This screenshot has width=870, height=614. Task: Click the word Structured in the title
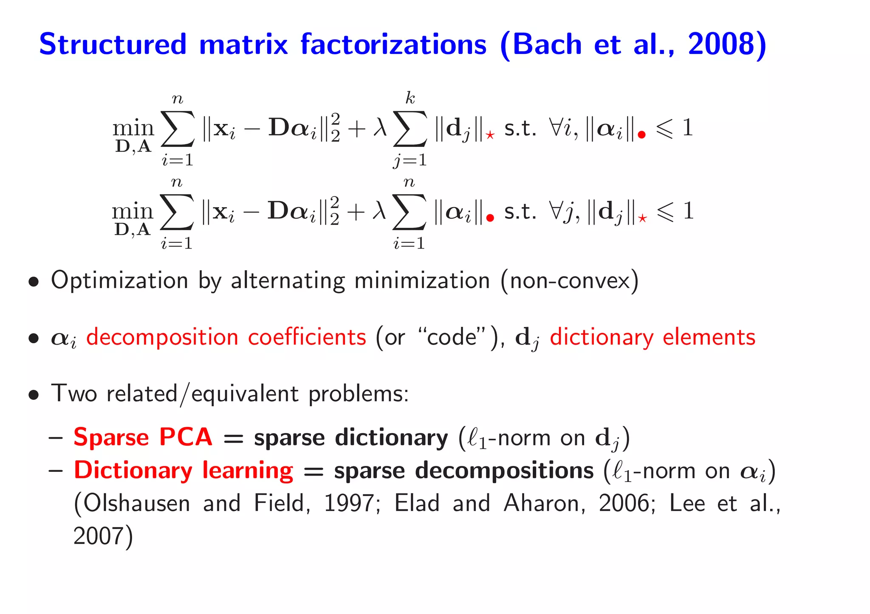[x=113, y=45]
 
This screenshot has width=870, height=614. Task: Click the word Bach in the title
[x=547, y=45]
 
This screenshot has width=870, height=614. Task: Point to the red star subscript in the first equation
[x=490, y=135]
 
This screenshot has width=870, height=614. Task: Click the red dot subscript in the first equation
[x=642, y=135]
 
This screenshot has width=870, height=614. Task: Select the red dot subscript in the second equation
[x=490, y=218]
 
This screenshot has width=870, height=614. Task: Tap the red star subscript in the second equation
[x=642, y=219]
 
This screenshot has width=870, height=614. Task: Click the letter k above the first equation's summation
[x=410, y=98]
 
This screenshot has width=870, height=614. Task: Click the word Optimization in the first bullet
[x=119, y=281]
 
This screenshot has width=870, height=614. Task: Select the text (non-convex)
[x=570, y=281]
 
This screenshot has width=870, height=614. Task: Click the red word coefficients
[x=307, y=337]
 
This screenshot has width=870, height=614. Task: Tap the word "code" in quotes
[x=452, y=337]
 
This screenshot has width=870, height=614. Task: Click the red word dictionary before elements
[x=602, y=337]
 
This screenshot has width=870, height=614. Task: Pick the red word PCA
[x=186, y=437]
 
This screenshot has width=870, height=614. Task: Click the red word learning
[x=248, y=470]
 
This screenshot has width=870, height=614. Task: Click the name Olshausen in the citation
[x=137, y=503]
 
